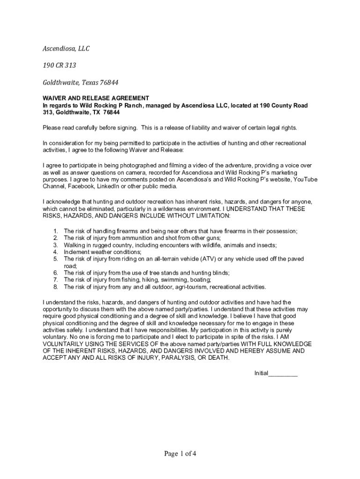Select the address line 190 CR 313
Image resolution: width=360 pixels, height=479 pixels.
click(59, 65)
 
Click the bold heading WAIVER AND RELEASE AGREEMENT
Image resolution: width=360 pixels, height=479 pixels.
click(96, 98)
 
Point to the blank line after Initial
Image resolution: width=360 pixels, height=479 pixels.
click(283, 373)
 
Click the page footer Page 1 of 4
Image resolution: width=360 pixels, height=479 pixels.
click(180, 453)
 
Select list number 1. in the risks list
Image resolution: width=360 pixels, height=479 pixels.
click(55, 231)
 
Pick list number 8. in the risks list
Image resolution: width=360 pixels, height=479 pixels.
click(55, 287)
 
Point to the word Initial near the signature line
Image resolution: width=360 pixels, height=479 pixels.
click(261, 373)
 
